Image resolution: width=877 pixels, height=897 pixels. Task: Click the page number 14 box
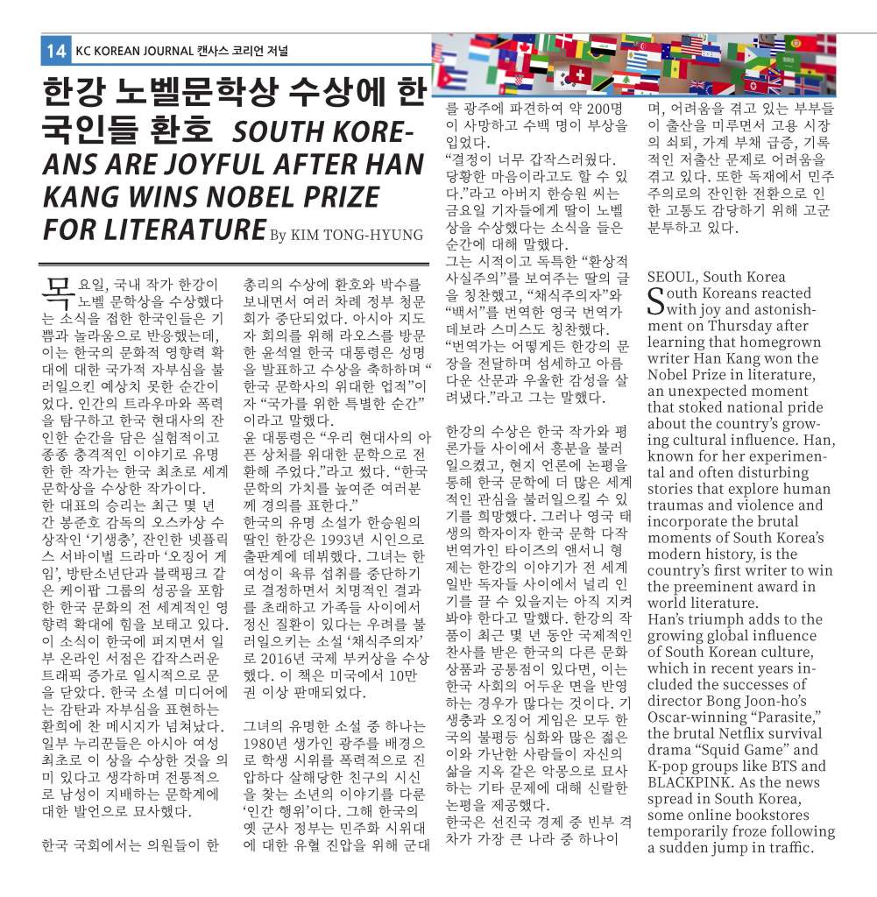pos(55,51)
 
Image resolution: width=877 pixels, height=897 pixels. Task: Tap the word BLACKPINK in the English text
pos(695,781)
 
